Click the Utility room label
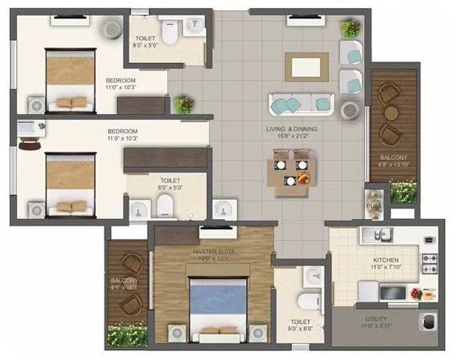tap(382, 319)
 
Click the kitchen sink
tap(373, 235)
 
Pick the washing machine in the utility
tap(429, 321)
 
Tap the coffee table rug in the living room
tap(306, 66)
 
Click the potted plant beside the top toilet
tap(182, 103)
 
